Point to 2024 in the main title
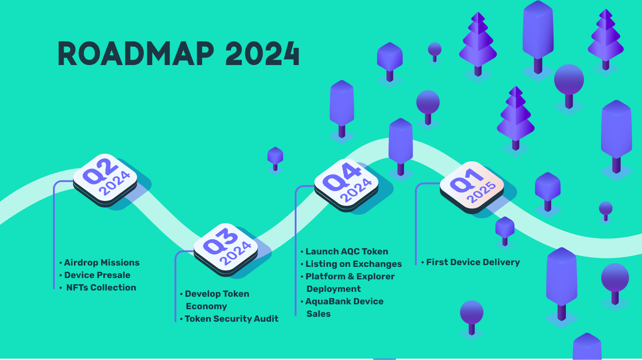(262, 54)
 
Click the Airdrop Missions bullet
(102, 262)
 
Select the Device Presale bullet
(97, 275)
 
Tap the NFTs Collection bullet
(101, 287)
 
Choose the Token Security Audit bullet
(232, 319)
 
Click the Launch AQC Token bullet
(346, 251)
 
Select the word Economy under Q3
(206, 306)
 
